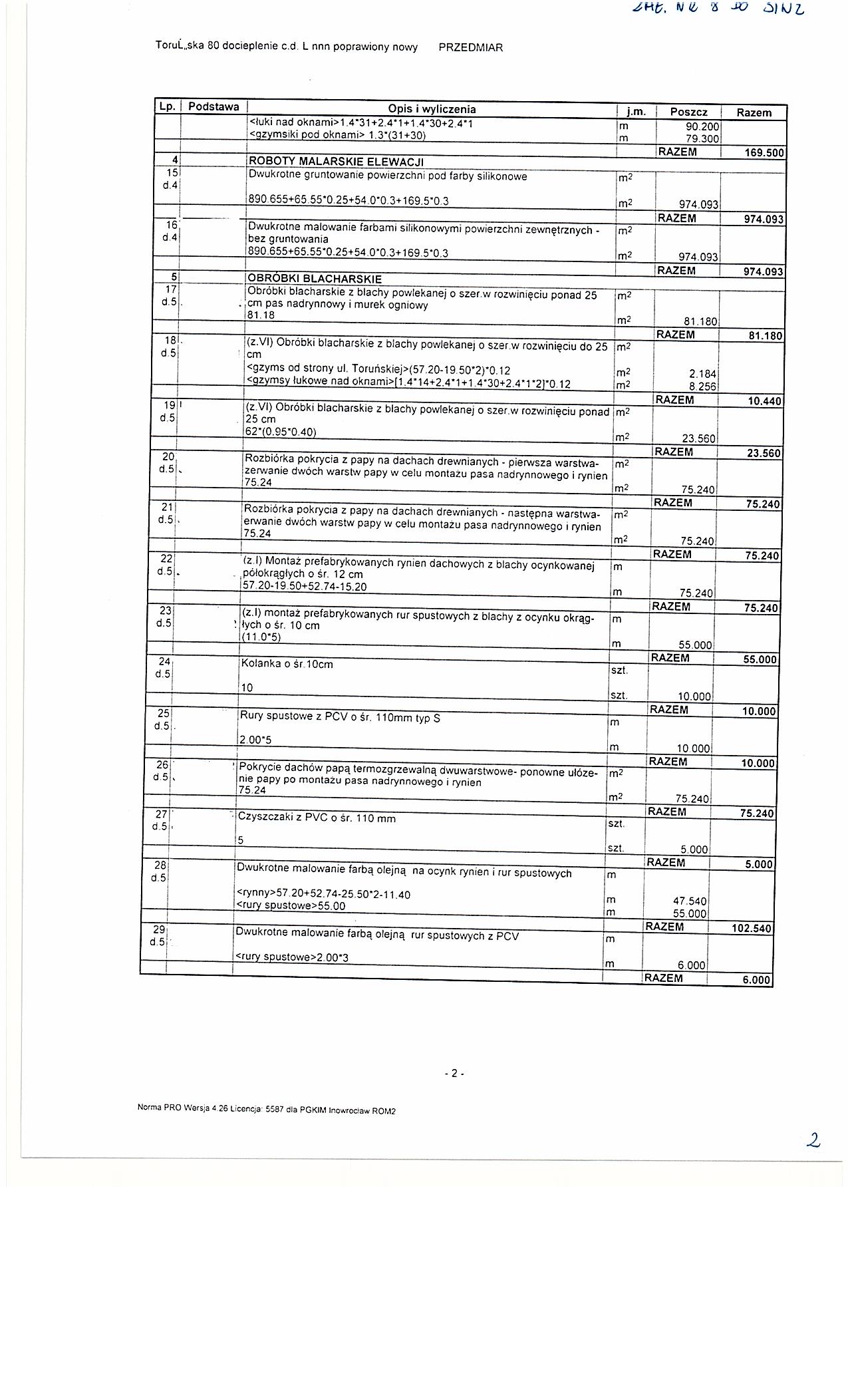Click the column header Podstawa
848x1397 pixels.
click(x=213, y=106)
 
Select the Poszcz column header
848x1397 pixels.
click(x=688, y=112)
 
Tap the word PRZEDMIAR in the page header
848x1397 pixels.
click(x=471, y=47)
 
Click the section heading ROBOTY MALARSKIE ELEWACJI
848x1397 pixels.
click(x=336, y=162)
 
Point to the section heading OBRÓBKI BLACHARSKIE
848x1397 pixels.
click(x=315, y=279)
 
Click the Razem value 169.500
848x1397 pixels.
click(x=764, y=153)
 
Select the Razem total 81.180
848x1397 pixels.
click(x=765, y=336)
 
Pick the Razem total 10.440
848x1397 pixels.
click(x=764, y=401)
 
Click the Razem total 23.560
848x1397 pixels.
click(x=764, y=453)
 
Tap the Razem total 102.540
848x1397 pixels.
click(x=752, y=929)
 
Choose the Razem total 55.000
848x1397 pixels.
click(x=760, y=659)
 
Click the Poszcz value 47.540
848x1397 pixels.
click(x=689, y=901)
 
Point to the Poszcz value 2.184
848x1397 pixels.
click(x=702, y=374)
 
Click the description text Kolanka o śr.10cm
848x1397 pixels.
click(x=287, y=664)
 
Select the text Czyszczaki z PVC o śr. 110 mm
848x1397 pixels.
click(x=317, y=818)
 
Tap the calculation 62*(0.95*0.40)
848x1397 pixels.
click(x=281, y=432)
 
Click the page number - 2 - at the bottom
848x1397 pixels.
click(x=454, y=1073)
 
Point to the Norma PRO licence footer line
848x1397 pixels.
click(x=266, y=1110)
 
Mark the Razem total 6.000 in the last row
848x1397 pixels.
click(x=756, y=980)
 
